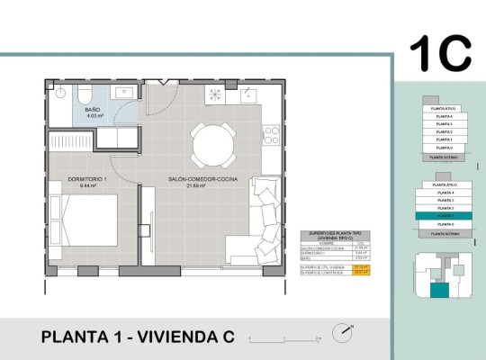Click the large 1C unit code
[x=440, y=53]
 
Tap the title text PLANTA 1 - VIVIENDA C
[x=138, y=337]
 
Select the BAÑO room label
[x=92, y=110]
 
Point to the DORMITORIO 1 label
[x=87, y=180]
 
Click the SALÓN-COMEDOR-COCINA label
[x=202, y=180]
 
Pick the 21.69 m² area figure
[x=202, y=186]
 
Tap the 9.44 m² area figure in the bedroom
[x=87, y=186]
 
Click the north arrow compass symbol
[x=342, y=333]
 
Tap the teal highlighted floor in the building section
[x=443, y=216]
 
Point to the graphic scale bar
[x=284, y=339]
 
